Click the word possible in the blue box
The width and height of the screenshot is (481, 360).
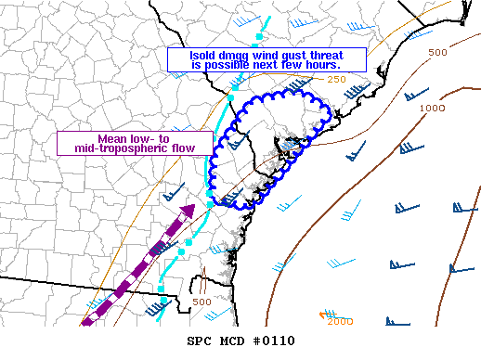pos(227,65)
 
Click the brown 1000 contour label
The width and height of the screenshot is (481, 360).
pos(432,109)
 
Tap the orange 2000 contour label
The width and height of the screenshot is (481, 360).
pos(341,321)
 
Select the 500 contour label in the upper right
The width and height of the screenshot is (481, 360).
pos(437,52)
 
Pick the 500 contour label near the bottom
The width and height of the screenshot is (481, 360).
pos(201,302)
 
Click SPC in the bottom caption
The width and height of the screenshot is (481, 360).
pos(199,341)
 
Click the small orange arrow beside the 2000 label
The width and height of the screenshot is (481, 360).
pos(323,316)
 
